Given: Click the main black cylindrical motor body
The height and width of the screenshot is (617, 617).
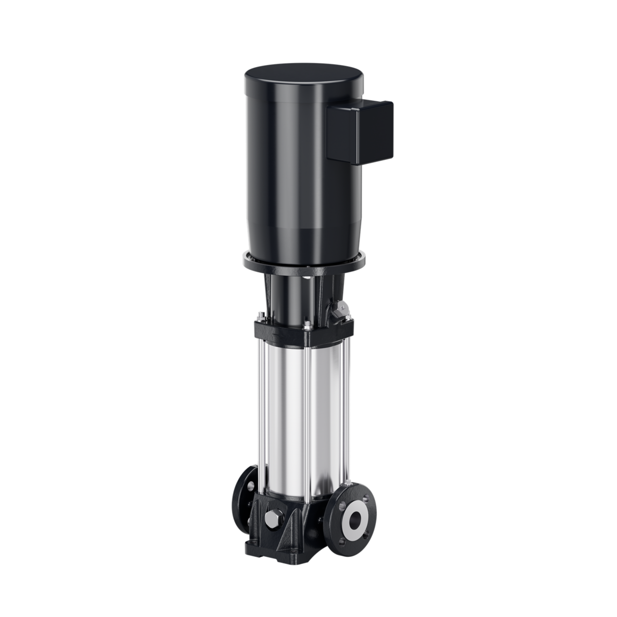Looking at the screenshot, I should tap(289, 169).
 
